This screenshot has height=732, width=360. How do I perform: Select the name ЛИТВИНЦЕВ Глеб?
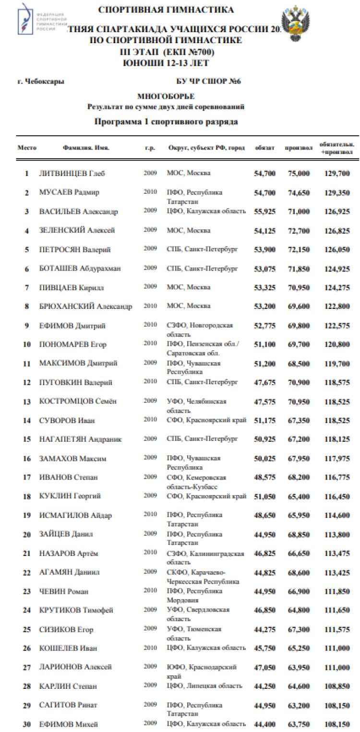(72, 174)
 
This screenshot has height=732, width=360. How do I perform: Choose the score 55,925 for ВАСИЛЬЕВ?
(264, 212)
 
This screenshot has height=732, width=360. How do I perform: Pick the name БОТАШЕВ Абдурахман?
(80, 269)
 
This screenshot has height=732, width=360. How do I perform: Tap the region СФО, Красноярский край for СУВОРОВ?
(206, 420)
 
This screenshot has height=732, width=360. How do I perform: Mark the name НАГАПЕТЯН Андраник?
(80, 439)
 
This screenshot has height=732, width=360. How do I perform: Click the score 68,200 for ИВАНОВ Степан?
(299, 477)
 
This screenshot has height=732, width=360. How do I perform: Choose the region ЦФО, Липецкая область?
(204, 685)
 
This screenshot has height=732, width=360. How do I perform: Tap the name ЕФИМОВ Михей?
(69, 724)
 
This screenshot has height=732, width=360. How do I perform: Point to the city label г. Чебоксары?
(41, 82)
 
